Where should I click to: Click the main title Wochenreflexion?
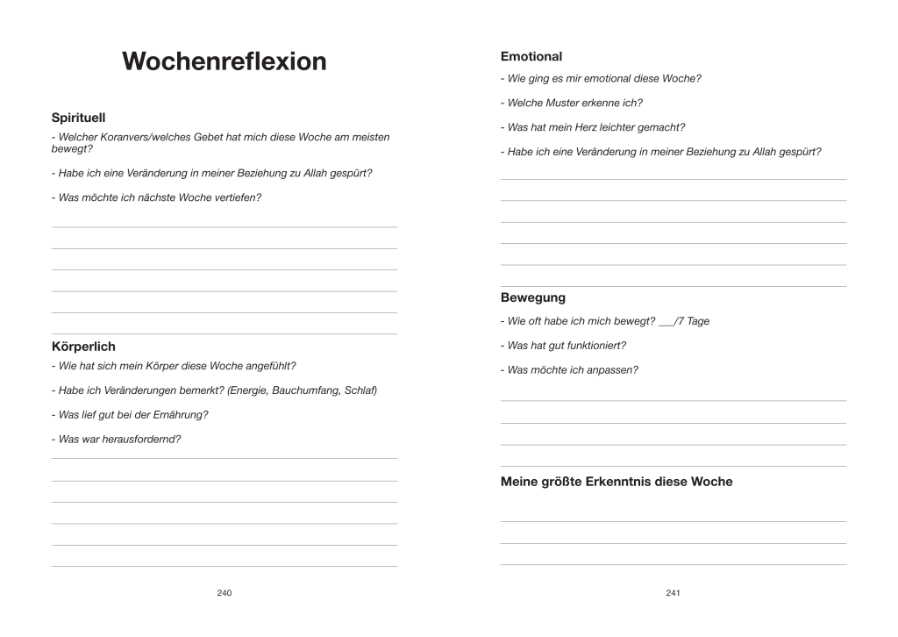coord(224,61)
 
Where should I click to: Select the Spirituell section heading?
coord(78,117)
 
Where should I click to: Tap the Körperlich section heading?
coord(83,347)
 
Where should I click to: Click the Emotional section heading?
coord(531,56)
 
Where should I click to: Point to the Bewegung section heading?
coord(532,297)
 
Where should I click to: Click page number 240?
coord(224,593)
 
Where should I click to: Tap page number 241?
coord(673,593)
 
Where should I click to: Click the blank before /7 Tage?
coord(666,322)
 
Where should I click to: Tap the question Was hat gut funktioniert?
coord(567,345)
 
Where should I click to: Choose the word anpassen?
coord(616,369)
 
